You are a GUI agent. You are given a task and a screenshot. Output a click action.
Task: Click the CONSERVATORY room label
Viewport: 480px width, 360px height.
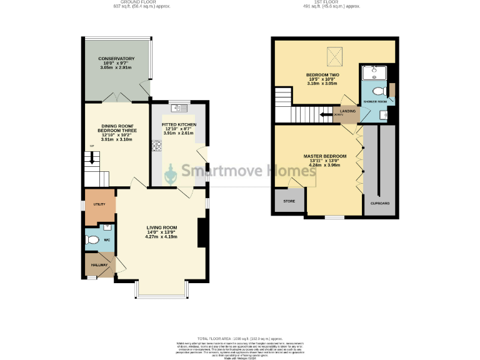click(x=116, y=59)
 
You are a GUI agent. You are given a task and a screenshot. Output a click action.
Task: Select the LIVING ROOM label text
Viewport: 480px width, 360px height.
click(x=162, y=227)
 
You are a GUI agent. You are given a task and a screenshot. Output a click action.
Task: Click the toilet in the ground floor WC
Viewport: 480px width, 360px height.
click(x=94, y=239)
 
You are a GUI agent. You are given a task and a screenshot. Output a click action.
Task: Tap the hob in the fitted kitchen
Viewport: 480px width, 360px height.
click(x=156, y=147)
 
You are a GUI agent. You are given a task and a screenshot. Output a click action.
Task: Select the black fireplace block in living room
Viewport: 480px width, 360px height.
click(x=202, y=232)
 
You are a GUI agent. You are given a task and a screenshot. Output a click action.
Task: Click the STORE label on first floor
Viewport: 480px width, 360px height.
click(x=289, y=201)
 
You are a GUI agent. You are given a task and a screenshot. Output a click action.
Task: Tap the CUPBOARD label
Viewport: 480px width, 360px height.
click(x=380, y=204)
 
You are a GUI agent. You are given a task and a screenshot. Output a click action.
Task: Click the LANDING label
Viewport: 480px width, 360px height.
click(x=348, y=111)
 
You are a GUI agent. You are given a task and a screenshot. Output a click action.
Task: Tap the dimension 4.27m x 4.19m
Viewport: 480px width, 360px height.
click(x=162, y=237)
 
